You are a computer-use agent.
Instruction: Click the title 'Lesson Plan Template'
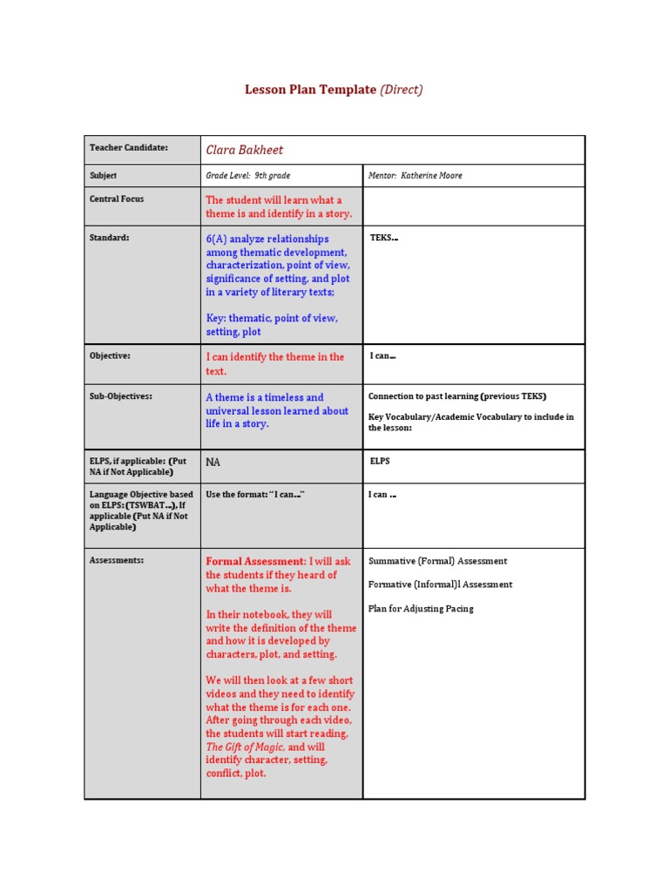click(310, 90)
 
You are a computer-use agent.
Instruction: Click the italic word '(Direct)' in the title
click(402, 90)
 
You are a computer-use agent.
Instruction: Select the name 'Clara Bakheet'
click(245, 150)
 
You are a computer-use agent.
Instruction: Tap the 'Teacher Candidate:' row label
click(128, 148)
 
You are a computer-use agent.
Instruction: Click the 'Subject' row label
click(103, 175)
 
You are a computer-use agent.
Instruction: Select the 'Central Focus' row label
click(117, 199)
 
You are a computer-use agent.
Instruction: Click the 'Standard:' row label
click(109, 237)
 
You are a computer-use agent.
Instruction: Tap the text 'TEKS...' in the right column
click(384, 237)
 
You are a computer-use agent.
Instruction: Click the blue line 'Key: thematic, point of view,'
click(271, 318)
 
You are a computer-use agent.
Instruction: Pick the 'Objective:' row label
click(110, 355)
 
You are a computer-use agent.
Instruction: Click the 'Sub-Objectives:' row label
click(120, 395)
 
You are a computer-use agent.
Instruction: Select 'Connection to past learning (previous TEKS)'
click(457, 396)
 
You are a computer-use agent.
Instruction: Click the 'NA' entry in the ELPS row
click(213, 462)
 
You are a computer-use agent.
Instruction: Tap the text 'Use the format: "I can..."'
click(254, 495)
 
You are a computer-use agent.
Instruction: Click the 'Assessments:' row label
click(117, 560)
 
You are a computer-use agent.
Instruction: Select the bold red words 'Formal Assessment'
click(255, 562)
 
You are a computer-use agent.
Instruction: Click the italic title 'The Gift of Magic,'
click(245, 747)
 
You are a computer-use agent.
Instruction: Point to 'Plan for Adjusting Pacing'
click(421, 609)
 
